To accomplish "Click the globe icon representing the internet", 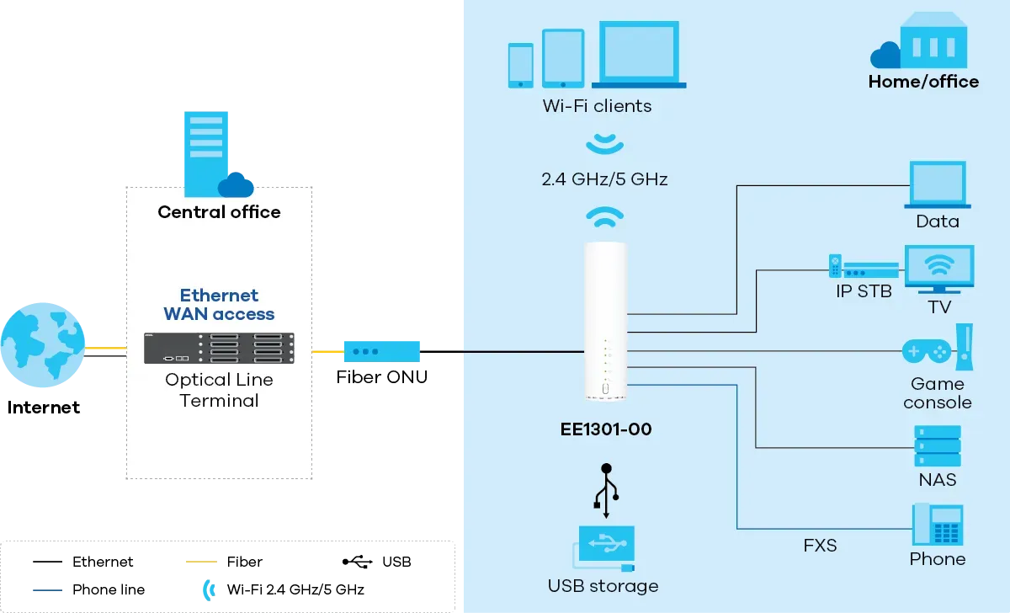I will pyautogui.click(x=43, y=346).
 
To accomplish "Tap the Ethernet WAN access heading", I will pyautogui.click(x=219, y=305).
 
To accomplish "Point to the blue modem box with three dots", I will pyautogui.click(x=381, y=350).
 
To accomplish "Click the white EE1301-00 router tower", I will pyautogui.click(x=605, y=321).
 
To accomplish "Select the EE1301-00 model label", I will pyautogui.click(x=606, y=429).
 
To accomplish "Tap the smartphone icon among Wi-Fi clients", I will pyautogui.click(x=521, y=65).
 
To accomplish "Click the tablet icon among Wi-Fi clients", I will pyautogui.click(x=563, y=58).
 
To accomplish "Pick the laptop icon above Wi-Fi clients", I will pyautogui.click(x=639, y=54).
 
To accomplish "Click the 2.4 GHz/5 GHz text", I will pyautogui.click(x=605, y=179).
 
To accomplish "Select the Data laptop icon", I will pyautogui.click(x=938, y=185).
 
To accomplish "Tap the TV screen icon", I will pyautogui.click(x=938, y=268).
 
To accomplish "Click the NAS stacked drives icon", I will pyautogui.click(x=938, y=446).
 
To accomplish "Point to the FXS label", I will pyautogui.click(x=820, y=546).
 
